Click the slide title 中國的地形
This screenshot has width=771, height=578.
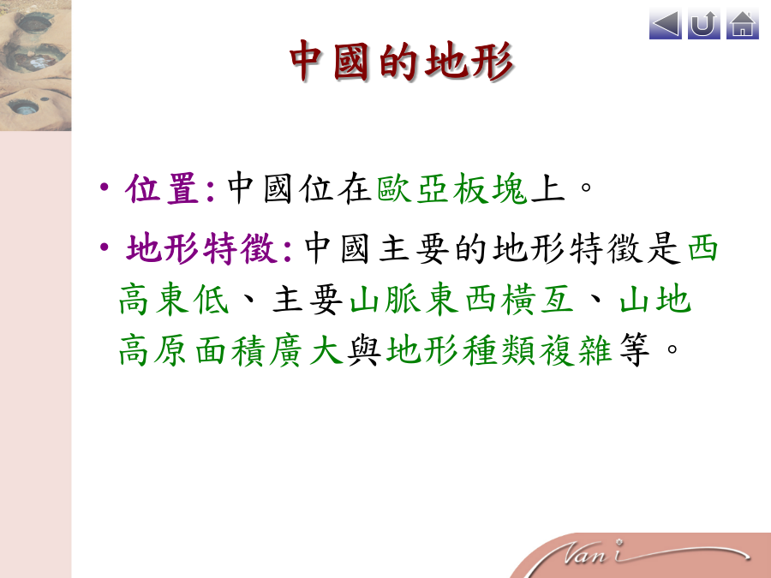tap(402, 61)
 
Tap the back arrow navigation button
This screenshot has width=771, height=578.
tap(666, 24)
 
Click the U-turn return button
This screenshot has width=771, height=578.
tap(703, 24)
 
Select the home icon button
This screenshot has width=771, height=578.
tap(743, 24)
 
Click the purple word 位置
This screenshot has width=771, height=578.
tap(162, 188)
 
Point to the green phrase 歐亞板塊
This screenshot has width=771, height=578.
tap(452, 188)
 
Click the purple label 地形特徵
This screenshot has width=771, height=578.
tap(200, 248)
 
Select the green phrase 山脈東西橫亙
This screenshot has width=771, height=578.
tap(462, 299)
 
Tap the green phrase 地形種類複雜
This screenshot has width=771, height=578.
tap(499, 350)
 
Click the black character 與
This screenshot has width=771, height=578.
tap(364, 350)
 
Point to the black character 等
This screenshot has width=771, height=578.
tap(634, 350)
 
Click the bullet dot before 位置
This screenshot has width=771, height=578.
tap(104, 187)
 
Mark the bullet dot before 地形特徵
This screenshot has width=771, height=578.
tap(104, 247)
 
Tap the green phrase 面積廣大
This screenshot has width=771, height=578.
tap(269, 350)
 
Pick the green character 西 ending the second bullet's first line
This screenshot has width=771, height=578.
tap(702, 248)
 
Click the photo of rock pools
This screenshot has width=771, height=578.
tap(35, 65)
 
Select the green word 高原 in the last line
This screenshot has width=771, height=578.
tap(152, 350)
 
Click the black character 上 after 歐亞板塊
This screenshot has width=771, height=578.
tap(547, 188)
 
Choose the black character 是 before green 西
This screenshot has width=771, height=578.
tap(664, 248)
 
